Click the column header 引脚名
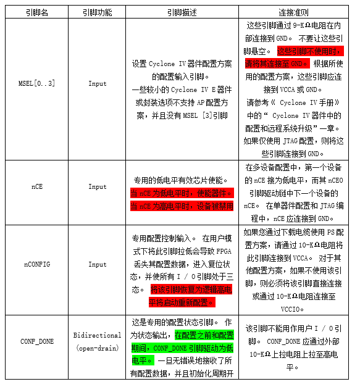click(36, 12)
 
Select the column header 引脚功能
click(97, 12)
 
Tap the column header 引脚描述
click(182, 12)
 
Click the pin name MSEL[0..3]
click(36, 83)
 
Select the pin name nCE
click(36, 186)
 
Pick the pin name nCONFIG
click(36, 264)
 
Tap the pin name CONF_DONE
click(36, 341)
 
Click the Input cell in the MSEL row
click(97, 83)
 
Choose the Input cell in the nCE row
click(97, 186)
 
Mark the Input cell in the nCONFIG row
click(97, 264)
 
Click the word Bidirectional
click(97, 335)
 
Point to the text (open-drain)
click(97, 348)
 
